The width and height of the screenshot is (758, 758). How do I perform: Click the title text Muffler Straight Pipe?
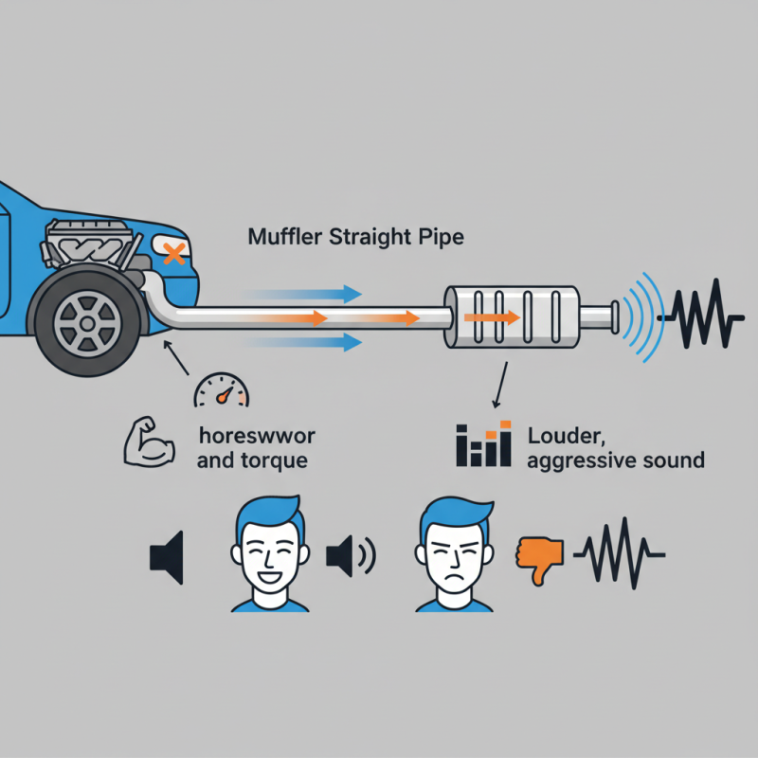(355, 236)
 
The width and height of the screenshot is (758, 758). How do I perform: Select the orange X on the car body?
(172, 253)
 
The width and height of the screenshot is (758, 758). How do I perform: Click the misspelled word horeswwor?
(259, 437)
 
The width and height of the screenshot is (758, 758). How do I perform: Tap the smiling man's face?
(271, 555)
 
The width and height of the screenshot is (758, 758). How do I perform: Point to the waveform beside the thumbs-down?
(620, 553)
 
